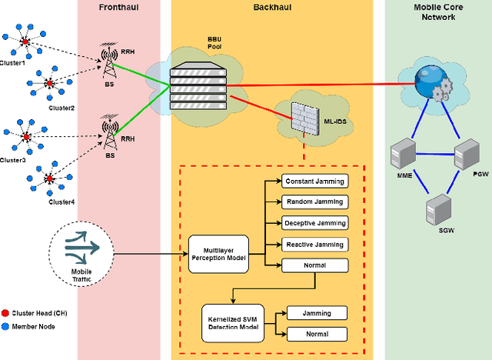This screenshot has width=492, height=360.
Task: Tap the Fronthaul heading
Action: (x=119, y=6)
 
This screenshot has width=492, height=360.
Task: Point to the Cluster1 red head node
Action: (x=25, y=41)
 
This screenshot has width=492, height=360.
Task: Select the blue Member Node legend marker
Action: (x=6, y=327)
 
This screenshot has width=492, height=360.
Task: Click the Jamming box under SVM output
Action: (x=317, y=313)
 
